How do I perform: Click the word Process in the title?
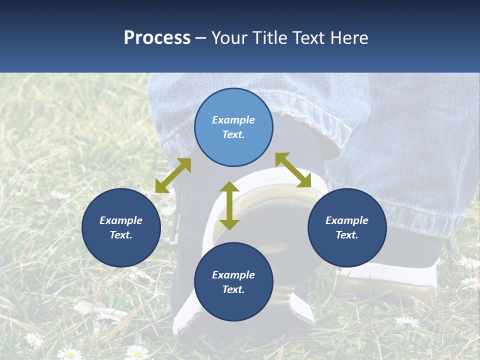[157, 38]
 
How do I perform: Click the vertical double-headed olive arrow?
[229, 205]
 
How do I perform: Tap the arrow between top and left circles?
[173, 175]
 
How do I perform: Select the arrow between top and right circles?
[293, 170]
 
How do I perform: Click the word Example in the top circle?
[233, 120]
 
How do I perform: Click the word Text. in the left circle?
[121, 235]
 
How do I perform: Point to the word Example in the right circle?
[347, 220]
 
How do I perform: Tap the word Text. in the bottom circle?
[233, 289]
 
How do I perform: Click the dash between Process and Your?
[200, 38]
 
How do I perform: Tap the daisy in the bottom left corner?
[34, 340]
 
